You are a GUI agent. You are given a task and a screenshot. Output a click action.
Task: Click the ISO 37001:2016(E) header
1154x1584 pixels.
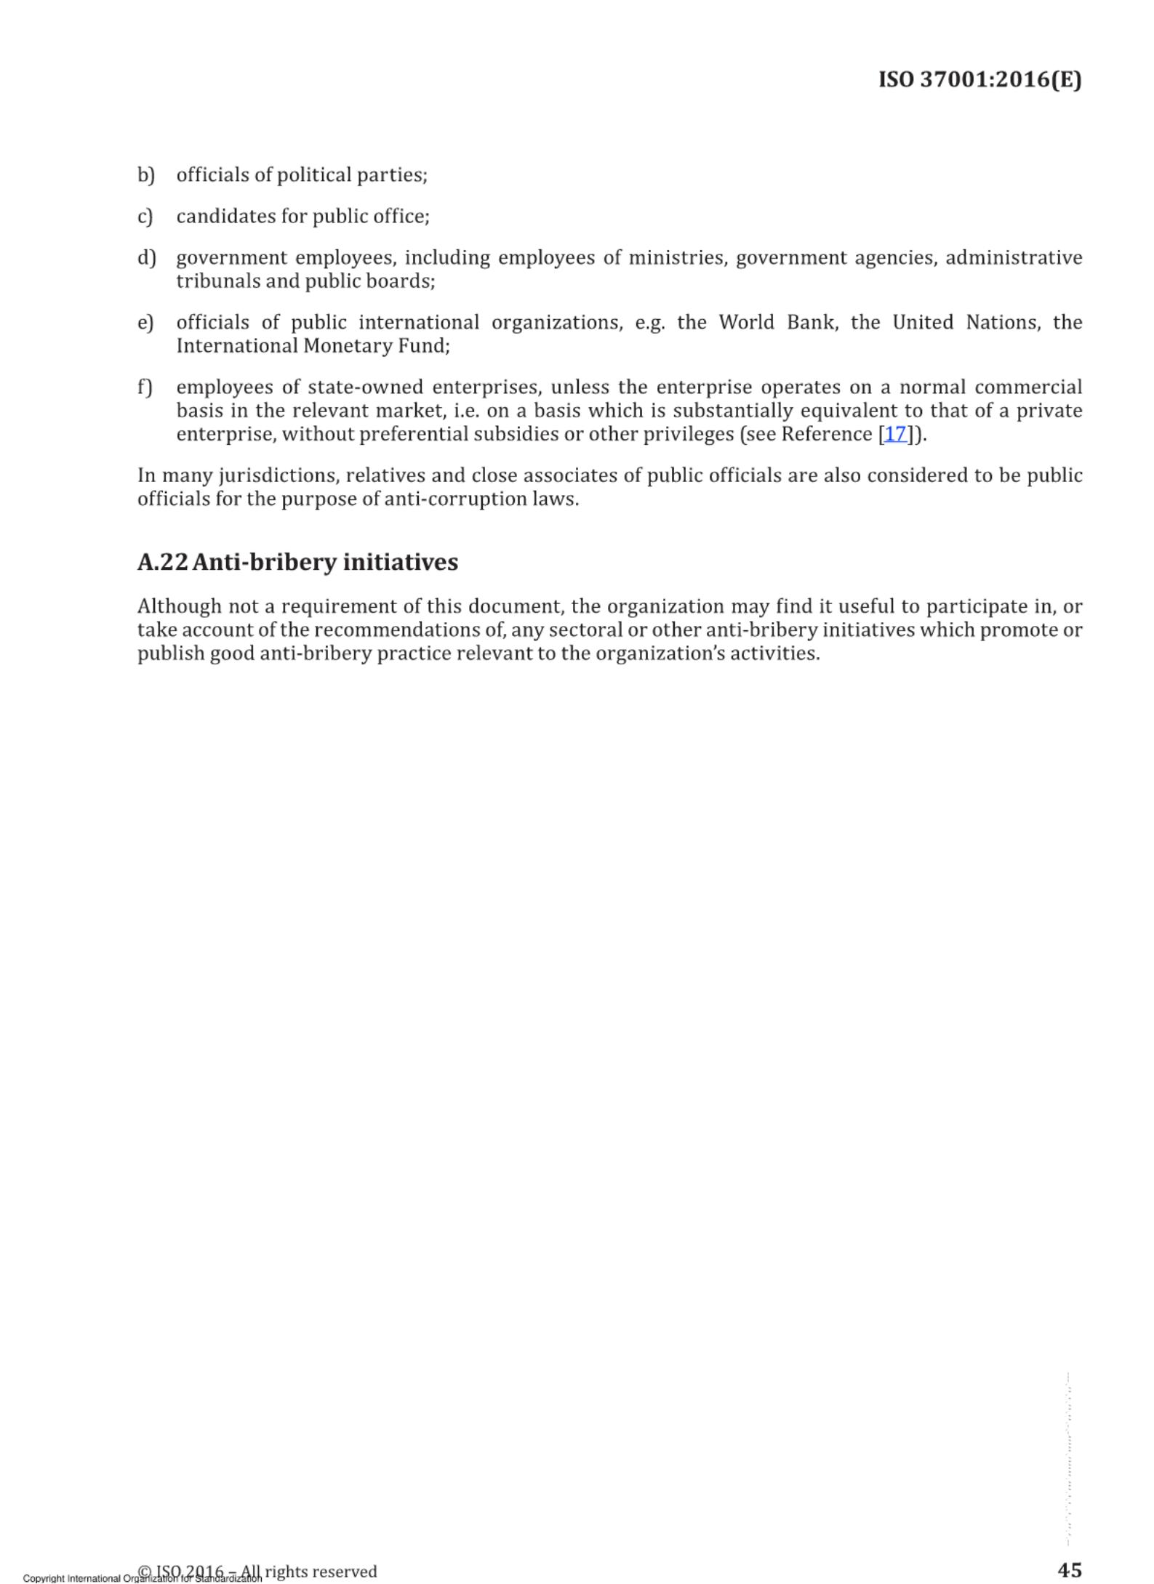[x=979, y=79]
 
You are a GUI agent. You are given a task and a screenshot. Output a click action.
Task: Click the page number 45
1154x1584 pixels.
[x=1069, y=1570]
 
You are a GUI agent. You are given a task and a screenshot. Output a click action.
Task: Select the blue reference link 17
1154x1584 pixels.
[x=895, y=434]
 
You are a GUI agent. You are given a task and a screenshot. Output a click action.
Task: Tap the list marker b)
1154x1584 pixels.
[x=146, y=175]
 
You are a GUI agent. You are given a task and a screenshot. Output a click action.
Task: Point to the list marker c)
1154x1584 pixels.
[x=145, y=217]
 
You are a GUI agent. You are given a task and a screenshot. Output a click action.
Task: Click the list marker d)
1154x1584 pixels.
[x=146, y=258]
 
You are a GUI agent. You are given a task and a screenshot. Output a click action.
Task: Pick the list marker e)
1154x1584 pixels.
[x=145, y=323]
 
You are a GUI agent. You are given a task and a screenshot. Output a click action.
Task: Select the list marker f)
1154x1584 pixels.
[x=145, y=387]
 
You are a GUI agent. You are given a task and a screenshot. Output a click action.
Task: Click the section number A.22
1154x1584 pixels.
[x=163, y=562]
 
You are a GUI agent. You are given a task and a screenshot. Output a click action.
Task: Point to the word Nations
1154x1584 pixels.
[x=1003, y=323]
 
